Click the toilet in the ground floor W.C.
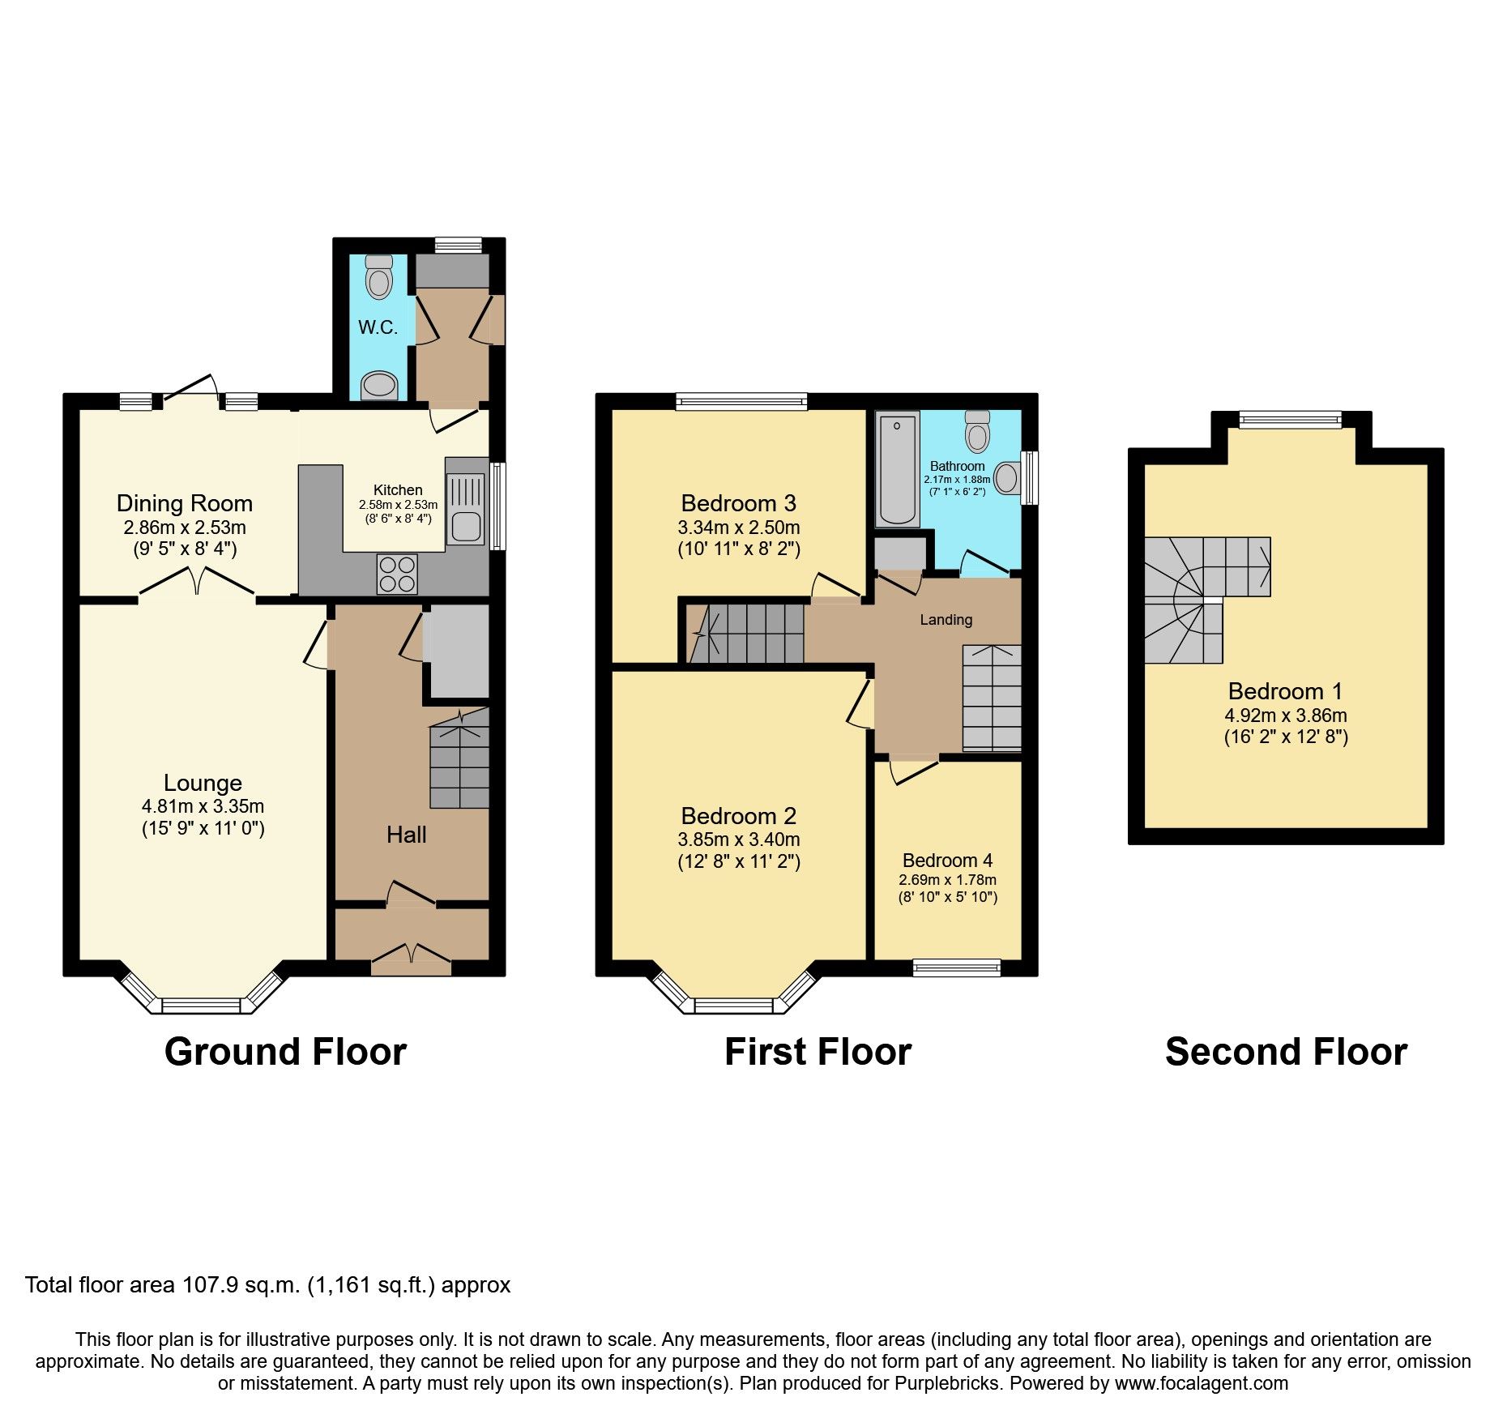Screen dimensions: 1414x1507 (378, 277)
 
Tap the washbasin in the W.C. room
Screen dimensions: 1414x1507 (379, 385)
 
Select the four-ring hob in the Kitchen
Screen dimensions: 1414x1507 (397, 574)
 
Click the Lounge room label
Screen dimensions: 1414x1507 (203, 783)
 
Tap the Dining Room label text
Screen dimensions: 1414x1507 (185, 503)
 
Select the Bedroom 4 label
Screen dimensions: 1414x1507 (947, 860)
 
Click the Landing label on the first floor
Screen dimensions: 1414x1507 (946, 620)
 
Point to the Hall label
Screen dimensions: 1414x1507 (406, 835)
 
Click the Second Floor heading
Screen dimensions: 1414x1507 (1286, 1052)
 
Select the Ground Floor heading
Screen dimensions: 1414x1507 (285, 1052)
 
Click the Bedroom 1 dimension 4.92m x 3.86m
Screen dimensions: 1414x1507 (1286, 716)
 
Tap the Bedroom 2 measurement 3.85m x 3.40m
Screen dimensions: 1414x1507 (738, 839)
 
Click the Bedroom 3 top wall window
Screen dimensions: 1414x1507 (741, 400)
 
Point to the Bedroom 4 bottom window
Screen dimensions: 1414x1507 (956, 967)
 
